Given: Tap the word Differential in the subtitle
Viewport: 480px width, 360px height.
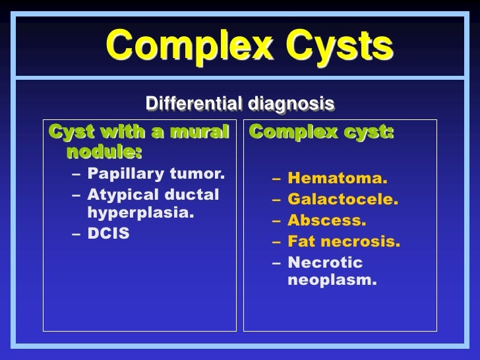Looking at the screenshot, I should point(194,104).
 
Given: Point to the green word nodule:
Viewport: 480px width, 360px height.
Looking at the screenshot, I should point(104,153).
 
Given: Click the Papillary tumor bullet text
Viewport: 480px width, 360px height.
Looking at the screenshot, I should point(156,175).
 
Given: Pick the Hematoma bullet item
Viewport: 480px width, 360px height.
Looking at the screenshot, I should point(338,179).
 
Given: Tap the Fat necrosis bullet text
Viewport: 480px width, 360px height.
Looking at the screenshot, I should point(344,242).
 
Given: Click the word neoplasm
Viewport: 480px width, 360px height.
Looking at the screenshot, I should point(333,281).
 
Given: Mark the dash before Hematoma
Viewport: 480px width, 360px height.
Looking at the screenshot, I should point(275,179).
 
